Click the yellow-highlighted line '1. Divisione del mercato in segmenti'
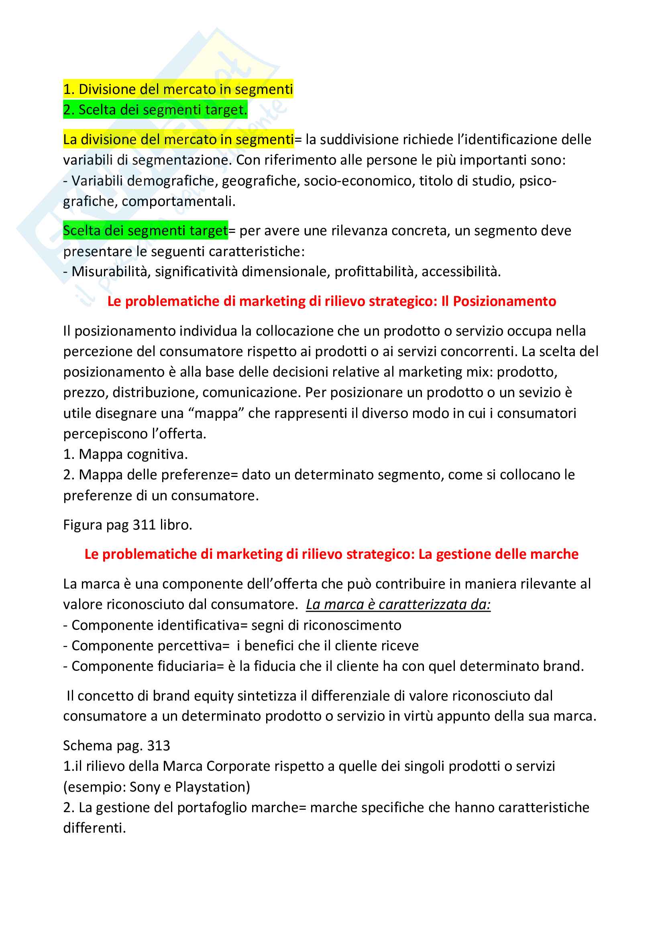pyautogui.click(x=178, y=89)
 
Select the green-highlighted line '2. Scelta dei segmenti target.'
pyautogui.click(x=155, y=110)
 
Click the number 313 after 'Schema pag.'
pyautogui.click(x=158, y=745)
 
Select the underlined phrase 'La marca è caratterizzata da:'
pyautogui.click(x=398, y=605)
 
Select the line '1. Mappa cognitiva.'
pyautogui.click(x=125, y=454)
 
